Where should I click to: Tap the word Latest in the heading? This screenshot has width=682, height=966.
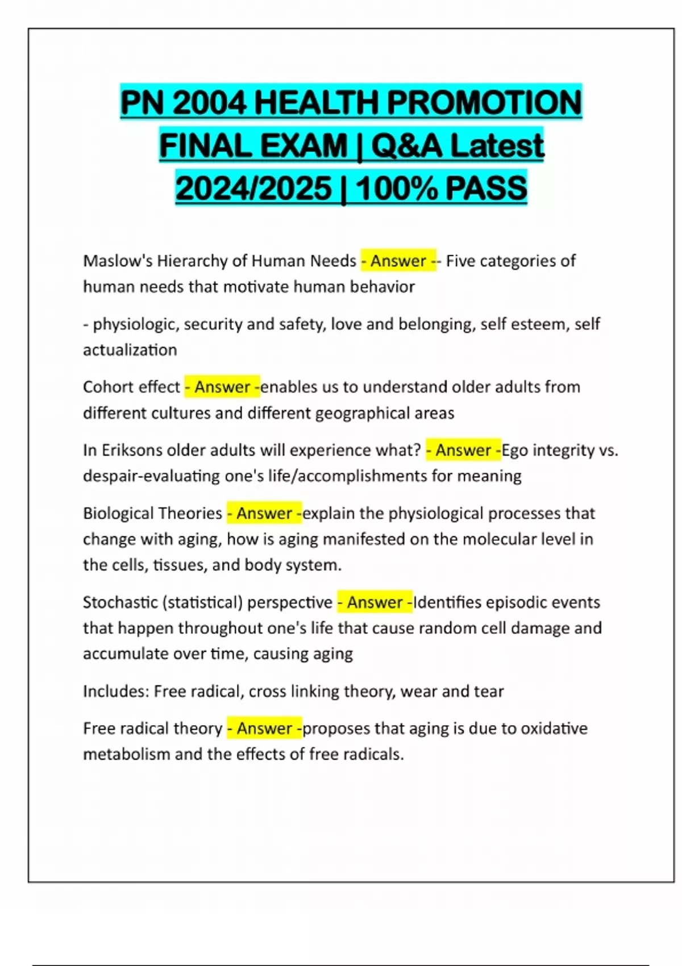497,145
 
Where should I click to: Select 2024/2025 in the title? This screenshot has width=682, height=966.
253,188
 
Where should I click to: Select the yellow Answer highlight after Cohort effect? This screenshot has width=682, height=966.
222,387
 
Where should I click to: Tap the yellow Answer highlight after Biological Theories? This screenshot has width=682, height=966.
264,513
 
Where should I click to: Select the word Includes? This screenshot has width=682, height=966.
116,691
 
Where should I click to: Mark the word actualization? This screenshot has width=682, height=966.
130,349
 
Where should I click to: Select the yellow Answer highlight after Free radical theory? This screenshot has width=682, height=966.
264,728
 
